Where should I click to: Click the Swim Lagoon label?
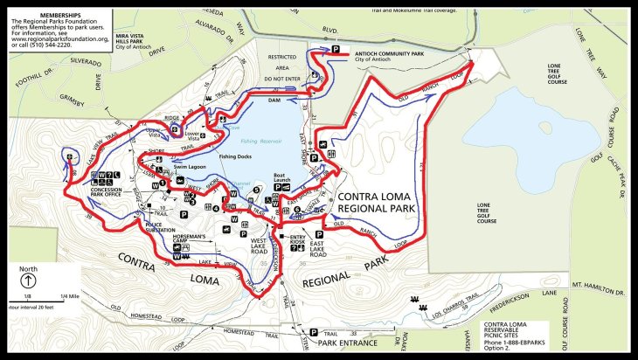190,164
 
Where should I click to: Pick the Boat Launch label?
280,177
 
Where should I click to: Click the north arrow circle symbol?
28,281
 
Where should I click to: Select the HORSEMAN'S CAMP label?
188,239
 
